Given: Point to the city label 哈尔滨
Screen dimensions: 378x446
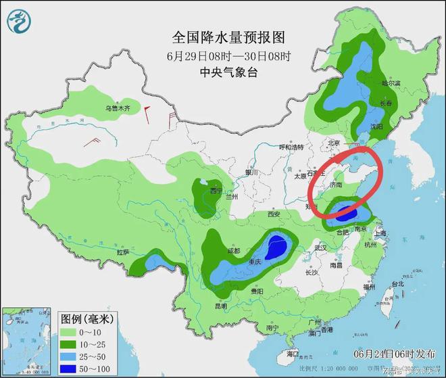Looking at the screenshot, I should [391, 84].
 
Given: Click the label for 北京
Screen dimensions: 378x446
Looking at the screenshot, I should [332, 143].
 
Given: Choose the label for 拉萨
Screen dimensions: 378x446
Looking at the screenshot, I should [122, 252].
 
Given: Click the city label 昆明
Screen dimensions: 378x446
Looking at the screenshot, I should [221, 306].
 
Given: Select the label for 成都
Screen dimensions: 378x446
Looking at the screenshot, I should [234, 250].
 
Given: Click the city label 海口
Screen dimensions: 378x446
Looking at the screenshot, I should [292, 354].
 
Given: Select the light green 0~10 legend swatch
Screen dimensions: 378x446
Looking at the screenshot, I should [71, 333].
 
